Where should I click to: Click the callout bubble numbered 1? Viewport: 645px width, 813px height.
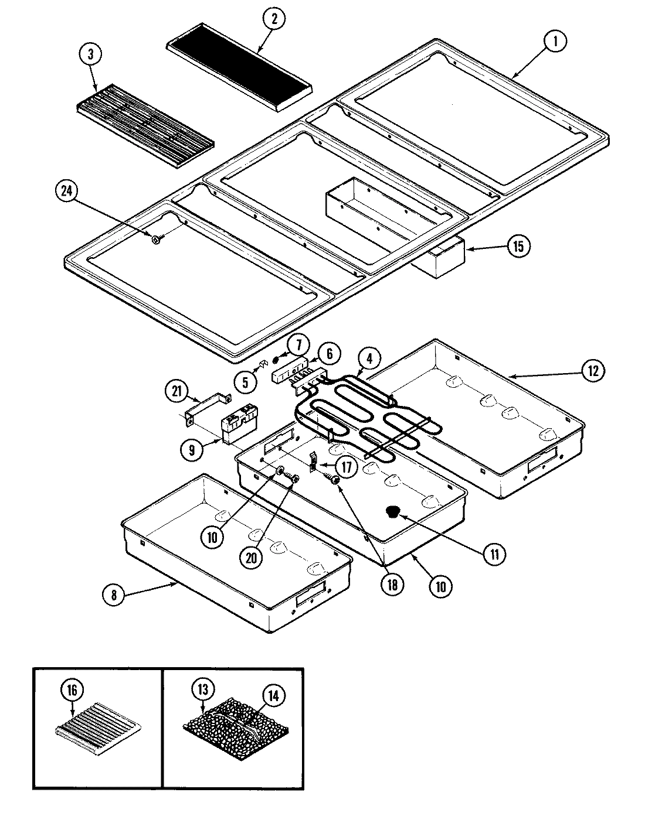[555, 42]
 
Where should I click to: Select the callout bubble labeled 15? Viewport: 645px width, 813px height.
[518, 246]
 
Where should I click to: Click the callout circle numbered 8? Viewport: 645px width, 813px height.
[114, 595]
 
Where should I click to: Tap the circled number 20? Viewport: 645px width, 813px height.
[250, 558]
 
